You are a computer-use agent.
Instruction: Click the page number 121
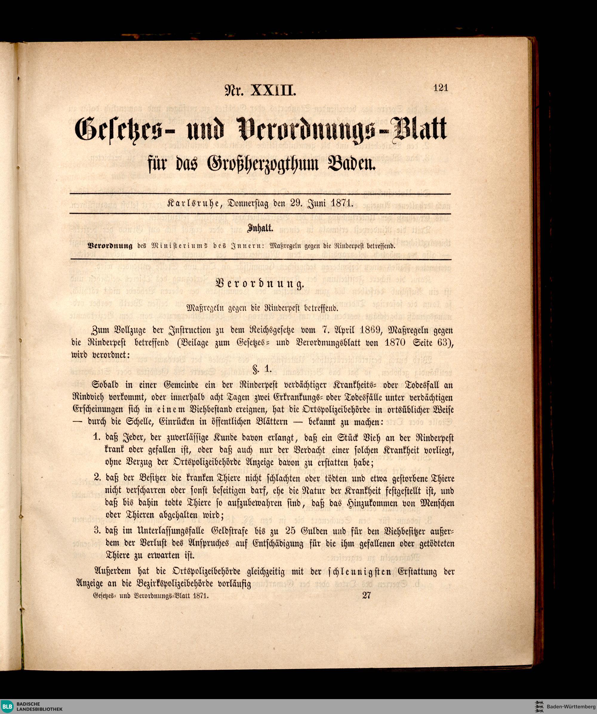click(441, 88)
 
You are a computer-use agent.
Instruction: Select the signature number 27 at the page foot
click(367, 595)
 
